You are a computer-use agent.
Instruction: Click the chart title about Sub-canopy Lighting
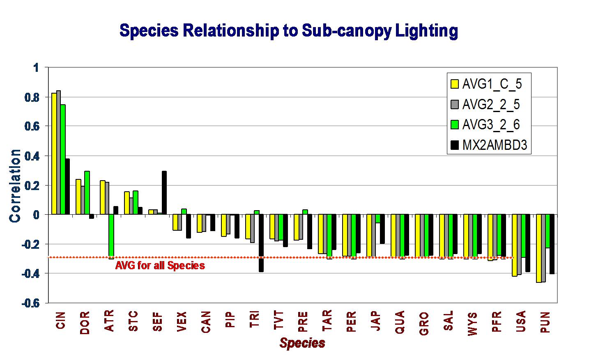(x=288, y=31)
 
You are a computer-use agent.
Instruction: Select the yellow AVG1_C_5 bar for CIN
(x=54, y=154)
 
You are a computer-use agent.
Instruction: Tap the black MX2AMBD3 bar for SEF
(x=164, y=193)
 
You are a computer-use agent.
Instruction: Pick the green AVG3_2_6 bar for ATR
(x=111, y=235)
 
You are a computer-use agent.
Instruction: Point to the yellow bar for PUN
(x=538, y=248)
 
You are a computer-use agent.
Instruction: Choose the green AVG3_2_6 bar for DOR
(x=87, y=193)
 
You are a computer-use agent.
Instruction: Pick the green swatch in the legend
(x=455, y=125)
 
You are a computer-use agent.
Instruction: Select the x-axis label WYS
(x=472, y=324)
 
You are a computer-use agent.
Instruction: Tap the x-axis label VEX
(x=182, y=324)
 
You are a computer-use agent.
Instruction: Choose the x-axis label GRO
(x=424, y=324)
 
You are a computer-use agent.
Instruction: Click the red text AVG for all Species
(x=160, y=266)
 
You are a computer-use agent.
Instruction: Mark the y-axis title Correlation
(x=16, y=186)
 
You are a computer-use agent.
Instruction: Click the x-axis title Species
(x=302, y=343)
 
